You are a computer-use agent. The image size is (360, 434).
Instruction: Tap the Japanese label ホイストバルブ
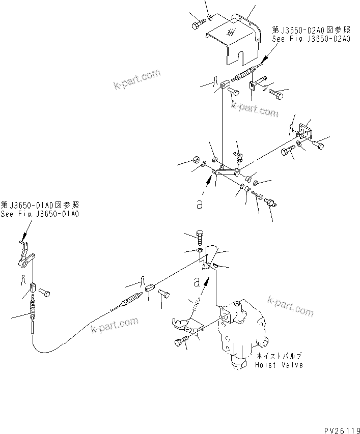[279, 357]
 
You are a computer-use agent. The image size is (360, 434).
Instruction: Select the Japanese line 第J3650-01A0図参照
[40, 205]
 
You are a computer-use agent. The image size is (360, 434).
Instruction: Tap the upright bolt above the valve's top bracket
[202, 237]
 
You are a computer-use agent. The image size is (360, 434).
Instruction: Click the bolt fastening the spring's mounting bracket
[183, 342]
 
